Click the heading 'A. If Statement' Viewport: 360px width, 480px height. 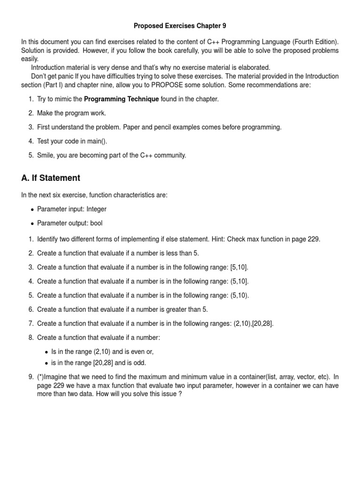51,178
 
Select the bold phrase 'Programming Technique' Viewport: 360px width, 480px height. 121,99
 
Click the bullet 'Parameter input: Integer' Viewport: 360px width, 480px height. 75,209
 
